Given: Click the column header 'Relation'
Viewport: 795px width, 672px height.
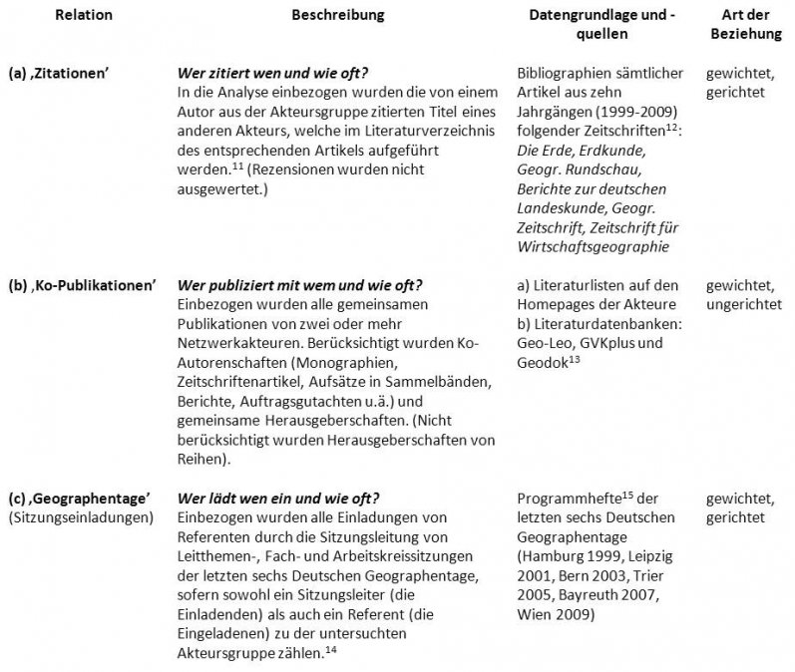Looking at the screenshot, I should click(84, 16).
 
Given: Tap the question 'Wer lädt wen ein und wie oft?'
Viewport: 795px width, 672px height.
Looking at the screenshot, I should click(278, 498).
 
